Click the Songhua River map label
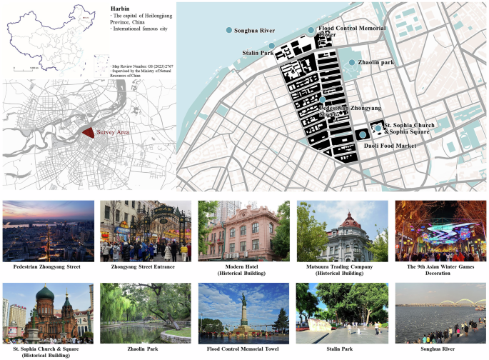[x=255, y=31]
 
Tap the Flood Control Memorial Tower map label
[x=351, y=29]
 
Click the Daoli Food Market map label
[x=390, y=145]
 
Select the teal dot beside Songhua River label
[x=228, y=31]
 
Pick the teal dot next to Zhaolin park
[x=352, y=63]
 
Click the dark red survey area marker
[x=87, y=133]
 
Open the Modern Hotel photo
[x=243, y=230]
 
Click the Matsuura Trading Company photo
[x=342, y=230]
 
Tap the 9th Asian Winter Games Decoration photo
[x=439, y=230]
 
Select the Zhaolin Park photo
[x=146, y=313]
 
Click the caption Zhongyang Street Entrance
[x=146, y=266]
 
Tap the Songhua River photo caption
[x=439, y=350]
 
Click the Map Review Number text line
[x=143, y=66]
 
